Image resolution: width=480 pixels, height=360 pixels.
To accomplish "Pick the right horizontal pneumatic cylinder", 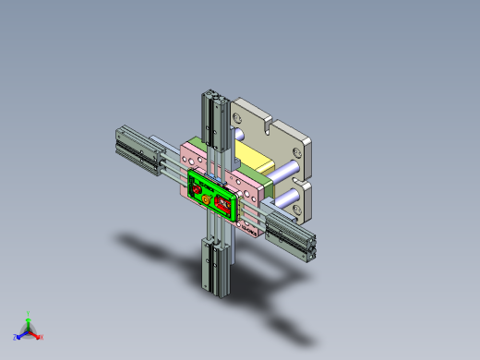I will pyautogui.click(x=293, y=235).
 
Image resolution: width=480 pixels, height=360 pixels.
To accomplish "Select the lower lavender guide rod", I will pyautogui.click(x=282, y=196).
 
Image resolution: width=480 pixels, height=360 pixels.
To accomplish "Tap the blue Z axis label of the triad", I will pyautogui.click(x=16, y=336).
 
